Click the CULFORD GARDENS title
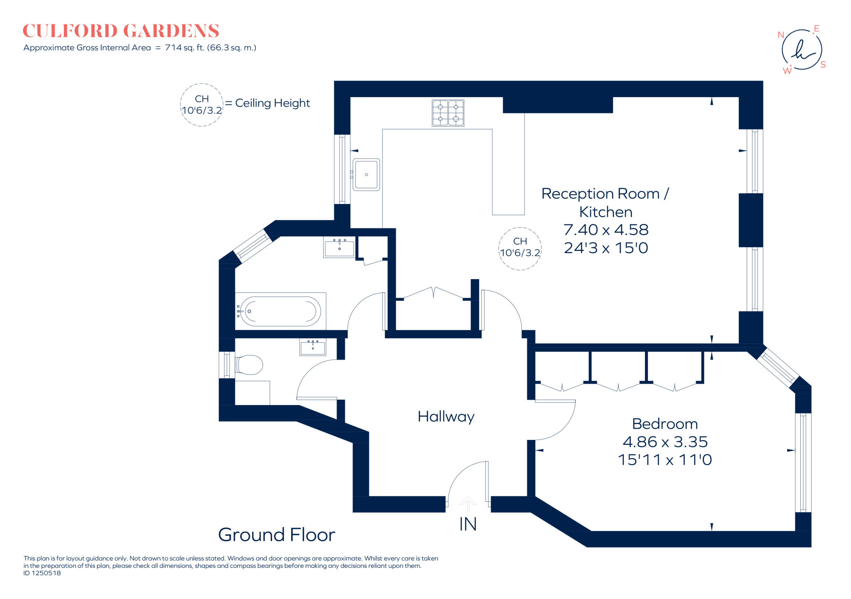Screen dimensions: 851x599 121,31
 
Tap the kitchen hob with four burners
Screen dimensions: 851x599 448,113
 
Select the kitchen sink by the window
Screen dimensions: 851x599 366,174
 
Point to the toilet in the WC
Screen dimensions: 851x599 249,365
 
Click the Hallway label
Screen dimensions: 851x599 446,417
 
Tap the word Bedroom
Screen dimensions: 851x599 664,424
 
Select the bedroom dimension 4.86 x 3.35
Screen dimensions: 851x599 665,442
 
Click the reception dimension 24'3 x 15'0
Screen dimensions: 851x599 605,248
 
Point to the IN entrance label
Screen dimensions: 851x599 467,524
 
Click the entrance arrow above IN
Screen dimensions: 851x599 468,503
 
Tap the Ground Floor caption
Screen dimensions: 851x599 276,535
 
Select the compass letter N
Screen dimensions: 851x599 780,35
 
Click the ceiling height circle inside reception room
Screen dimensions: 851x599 520,248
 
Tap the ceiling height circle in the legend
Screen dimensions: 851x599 202,105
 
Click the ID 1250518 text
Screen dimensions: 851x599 42,573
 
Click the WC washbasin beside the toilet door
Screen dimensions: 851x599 312,347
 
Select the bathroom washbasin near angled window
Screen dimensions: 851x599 339,247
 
